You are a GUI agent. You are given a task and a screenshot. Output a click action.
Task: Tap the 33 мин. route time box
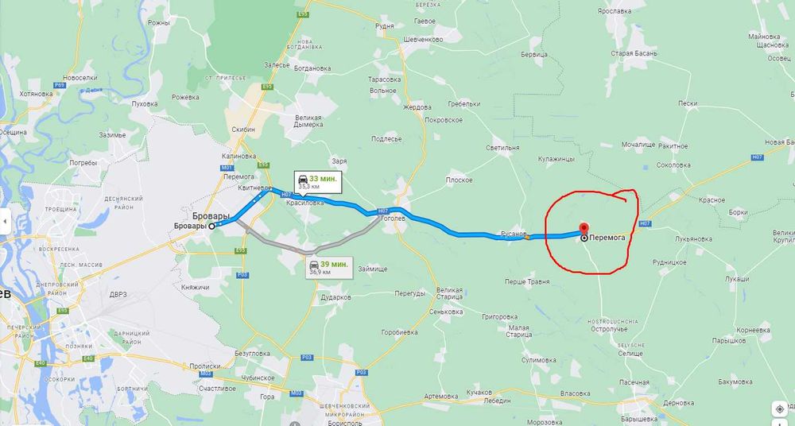coord(316,182)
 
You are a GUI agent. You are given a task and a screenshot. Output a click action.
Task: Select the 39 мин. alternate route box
coord(329,267)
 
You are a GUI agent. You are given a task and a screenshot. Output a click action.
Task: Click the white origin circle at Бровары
coord(212,226)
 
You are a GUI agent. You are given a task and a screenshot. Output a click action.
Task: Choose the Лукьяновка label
coord(690,238)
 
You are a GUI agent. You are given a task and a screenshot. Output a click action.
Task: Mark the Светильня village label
coord(503,147)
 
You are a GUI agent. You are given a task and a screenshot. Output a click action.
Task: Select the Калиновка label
coord(239,156)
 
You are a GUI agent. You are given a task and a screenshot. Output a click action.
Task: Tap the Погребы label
coord(83,162)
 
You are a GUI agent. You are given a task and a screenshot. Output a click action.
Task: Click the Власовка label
coord(574,393)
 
